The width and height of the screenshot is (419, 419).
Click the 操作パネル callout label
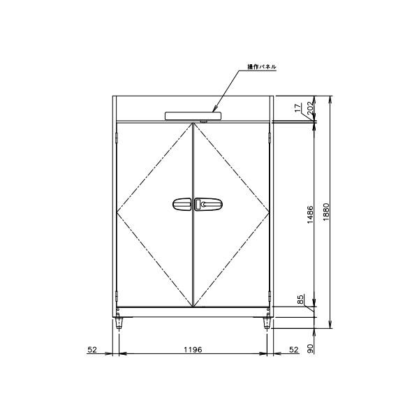point(262,67)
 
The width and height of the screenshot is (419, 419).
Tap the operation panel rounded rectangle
point(193,116)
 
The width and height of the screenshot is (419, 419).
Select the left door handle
point(182,205)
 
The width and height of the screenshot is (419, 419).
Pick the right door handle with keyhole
point(208,205)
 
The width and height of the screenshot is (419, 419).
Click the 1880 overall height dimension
point(326,212)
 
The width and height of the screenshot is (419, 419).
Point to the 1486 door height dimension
point(310,214)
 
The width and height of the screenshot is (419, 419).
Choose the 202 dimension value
point(310,108)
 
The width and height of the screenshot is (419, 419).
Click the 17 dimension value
point(297,108)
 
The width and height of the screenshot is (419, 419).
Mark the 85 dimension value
point(300,300)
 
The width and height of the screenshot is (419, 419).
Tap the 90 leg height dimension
point(310,348)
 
